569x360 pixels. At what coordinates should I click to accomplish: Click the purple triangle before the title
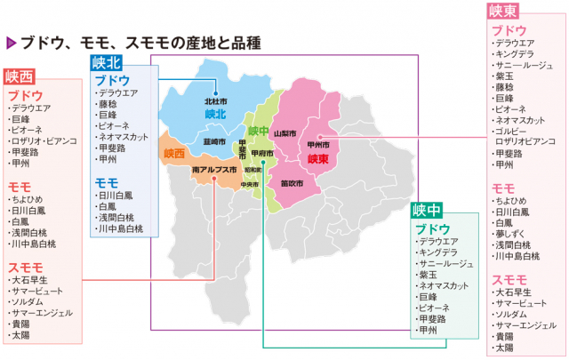click(x=11, y=42)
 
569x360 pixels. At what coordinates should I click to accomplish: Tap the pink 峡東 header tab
click(x=503, y=11)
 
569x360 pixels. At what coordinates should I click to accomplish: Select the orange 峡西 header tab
click(x=20, y=76)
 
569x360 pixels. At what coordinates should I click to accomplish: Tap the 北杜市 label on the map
click(x=216, y=101)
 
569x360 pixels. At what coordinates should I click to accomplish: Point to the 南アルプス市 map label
click(x=214, y=169)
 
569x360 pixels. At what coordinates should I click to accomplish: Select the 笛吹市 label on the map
click(x=292, y=182)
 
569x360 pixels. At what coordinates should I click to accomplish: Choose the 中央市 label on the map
click(x=249, y=185)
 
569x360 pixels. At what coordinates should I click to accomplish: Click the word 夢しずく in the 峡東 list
click(x=516, y=228)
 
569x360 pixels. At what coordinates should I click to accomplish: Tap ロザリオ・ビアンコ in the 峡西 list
click(x=44, y=141)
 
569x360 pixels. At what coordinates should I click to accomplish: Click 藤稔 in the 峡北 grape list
click(x=108, y=103)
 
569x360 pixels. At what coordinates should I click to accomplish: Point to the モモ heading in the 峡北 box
click(x=107, y=182)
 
